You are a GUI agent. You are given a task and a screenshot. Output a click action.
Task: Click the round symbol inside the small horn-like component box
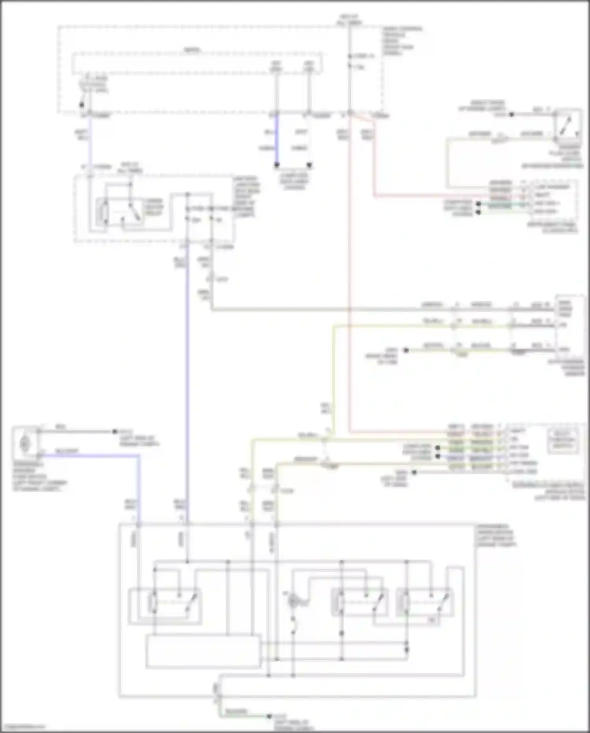[x=25, y=444]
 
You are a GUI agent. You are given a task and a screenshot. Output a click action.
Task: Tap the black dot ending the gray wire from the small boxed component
[x=115, y=432]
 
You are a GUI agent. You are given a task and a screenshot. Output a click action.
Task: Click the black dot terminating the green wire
[x=269, y=716]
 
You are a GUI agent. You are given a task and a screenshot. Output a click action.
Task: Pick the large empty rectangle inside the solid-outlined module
[x=203, y=651]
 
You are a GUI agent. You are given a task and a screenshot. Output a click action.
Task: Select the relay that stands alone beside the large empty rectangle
[x=165, y=606]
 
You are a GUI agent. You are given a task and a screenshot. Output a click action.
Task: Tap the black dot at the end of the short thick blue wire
[x=277, y=165]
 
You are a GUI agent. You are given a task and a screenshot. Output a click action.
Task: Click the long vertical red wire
[x=349, y=276]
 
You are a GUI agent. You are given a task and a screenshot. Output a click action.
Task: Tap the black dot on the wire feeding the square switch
[x=511, y=115]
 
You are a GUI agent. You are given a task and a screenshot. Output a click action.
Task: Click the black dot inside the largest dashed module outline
[x=81, y=105]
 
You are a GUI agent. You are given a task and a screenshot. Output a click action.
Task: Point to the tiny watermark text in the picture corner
[x=23, y=727]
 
